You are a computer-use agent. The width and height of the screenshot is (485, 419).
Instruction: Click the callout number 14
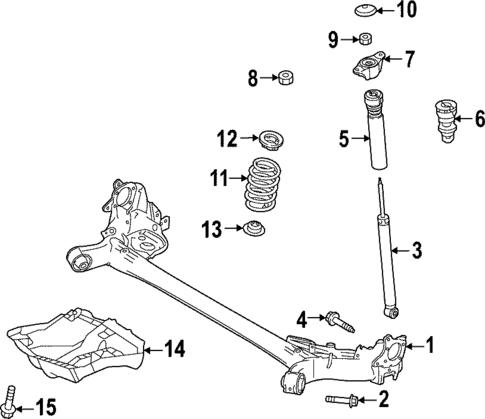(x=174, y=349)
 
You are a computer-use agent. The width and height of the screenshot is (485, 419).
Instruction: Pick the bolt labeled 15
(x=11, y=399)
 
